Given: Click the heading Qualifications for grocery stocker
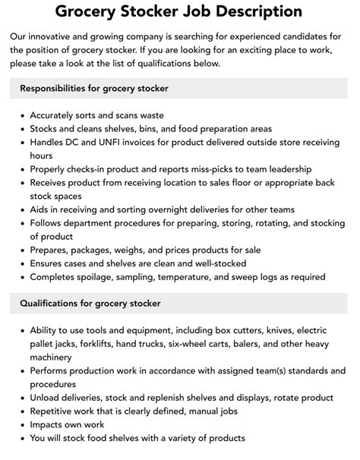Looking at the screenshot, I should coord(90,303).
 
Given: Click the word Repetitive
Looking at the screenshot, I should coord(55,411).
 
